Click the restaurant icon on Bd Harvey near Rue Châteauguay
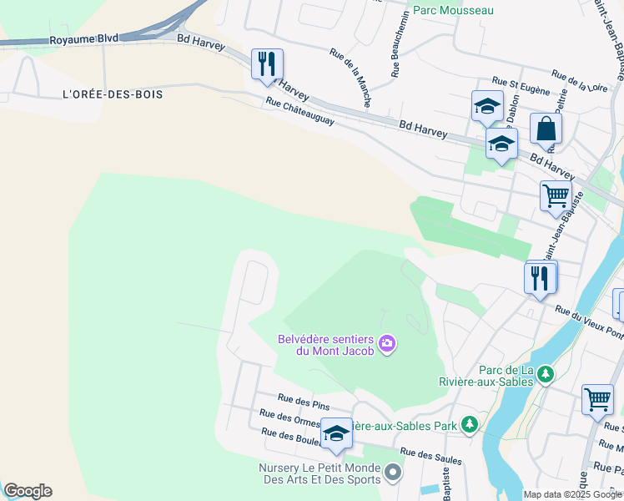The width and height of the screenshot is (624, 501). click(267, 64)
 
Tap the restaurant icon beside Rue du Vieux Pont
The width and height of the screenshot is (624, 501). click(541, 277)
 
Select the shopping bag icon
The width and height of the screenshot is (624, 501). click(546, 129)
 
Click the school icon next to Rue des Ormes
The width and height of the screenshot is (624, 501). click(336, 433)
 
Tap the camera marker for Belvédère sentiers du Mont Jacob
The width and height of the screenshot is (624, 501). click(387, 343)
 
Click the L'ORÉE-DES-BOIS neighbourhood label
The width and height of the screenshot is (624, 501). click(113, 94)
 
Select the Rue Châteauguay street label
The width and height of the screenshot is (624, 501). click(299, 112)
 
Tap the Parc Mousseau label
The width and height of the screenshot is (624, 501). click(454, 10)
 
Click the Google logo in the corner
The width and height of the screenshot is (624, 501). click(28, 491)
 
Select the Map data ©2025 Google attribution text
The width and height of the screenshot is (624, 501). click(571, 494)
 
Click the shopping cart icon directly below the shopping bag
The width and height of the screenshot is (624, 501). click(556, 197)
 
